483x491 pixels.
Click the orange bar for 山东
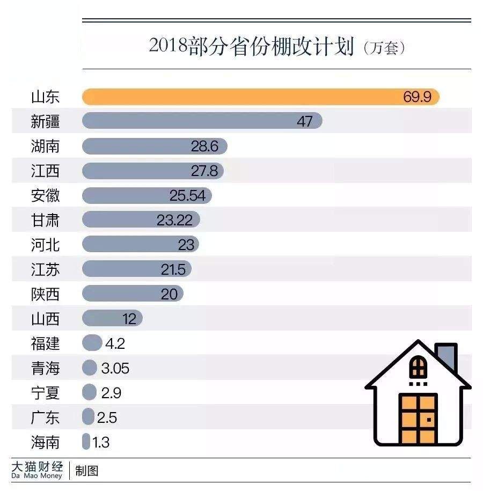[x=260, y=97]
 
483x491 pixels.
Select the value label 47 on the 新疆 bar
[x=304, y=121]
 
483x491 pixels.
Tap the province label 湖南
[x=45, y=146]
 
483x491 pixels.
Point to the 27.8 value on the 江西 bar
[x=204, y=171]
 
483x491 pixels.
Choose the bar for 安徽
[x=147, y=195]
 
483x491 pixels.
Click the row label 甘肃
[x=45, y=220]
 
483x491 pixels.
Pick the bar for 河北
[x=140, y=245]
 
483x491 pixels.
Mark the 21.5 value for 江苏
[x=173, y=269]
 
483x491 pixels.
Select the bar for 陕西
[x=133, y=294]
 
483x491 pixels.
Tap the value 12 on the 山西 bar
[x=129, y=319]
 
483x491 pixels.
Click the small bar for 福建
[x=92, y=343]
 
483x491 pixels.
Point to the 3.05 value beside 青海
[x=115, y=368]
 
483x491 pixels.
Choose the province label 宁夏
[x=45, y=393]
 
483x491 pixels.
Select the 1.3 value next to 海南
[x=101, y=442]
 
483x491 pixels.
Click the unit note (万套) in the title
[x=384, y=48]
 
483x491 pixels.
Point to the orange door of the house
[x=418, y=419]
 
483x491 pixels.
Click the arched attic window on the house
[x=418, y=368]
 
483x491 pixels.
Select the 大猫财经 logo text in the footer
[x=37, y=466]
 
